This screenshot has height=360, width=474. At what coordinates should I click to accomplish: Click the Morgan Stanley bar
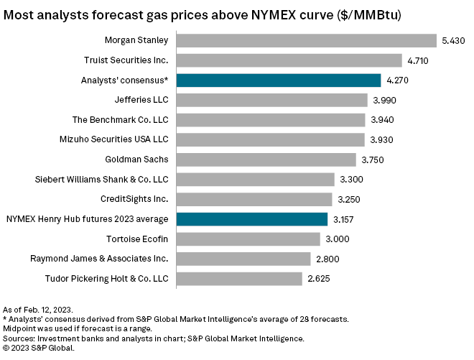coord(306,40)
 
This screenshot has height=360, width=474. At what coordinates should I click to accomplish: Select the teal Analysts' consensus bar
coord(278,80)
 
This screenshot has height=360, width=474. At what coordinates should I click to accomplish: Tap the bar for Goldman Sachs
coord(266,160)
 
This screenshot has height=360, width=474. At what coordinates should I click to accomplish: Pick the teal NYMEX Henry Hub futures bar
coord(251,219)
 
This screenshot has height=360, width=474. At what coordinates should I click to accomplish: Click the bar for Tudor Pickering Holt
coord(238,278)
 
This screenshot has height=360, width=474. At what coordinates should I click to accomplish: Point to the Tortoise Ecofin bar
coord(248,239)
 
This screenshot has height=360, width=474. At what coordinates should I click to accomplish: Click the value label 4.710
coord(420,60)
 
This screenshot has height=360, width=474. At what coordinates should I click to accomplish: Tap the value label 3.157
coord(345,219)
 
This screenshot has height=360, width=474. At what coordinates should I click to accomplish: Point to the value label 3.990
coord(386,100)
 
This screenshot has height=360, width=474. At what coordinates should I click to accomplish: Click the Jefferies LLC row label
coord(141,100)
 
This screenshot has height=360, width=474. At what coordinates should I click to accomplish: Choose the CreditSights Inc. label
coord(135,199)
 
